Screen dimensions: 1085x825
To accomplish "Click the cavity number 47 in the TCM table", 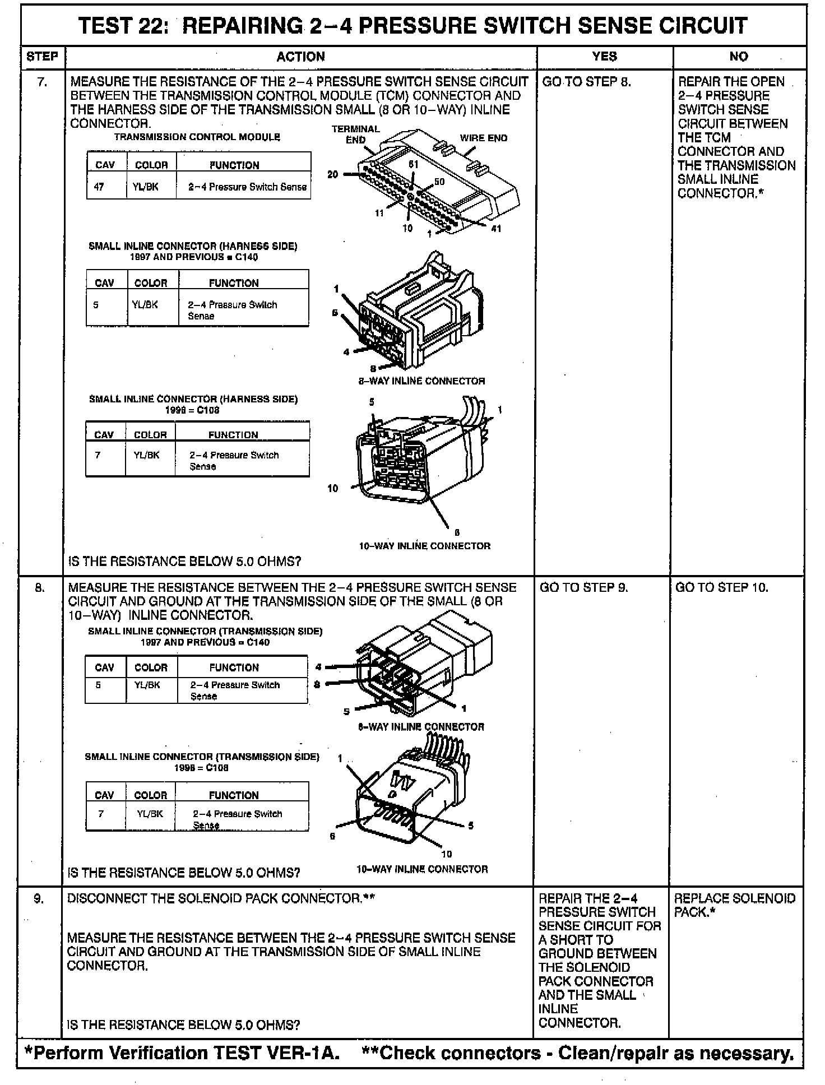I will coord(99,187).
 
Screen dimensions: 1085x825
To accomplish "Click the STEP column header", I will coord(43,57).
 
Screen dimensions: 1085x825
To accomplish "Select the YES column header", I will coord(604,57).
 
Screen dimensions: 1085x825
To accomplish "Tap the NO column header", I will coord(739,57).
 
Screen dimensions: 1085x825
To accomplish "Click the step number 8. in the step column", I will coord(40,588).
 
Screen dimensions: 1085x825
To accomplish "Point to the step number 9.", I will coord(39,899).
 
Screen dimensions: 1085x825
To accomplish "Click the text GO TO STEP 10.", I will coord(722,588).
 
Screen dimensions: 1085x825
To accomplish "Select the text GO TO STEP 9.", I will coord(583,588).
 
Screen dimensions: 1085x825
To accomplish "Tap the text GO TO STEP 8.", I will coord(586,82).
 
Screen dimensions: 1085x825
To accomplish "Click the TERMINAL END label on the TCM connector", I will coord(355,135).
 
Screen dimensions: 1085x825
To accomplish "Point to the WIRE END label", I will coord(484,138).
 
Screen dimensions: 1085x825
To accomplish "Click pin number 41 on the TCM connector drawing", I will coord(496,229).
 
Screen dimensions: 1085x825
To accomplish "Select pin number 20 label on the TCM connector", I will coord(333,174).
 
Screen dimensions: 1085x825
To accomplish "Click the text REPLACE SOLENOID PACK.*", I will coord(734,906).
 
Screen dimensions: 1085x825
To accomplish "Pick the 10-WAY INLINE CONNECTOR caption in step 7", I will coord(424,546).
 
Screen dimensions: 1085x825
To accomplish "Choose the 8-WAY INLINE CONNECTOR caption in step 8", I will coord(421,727).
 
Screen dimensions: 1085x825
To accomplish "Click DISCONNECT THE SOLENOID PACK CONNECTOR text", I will coord(220,899).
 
